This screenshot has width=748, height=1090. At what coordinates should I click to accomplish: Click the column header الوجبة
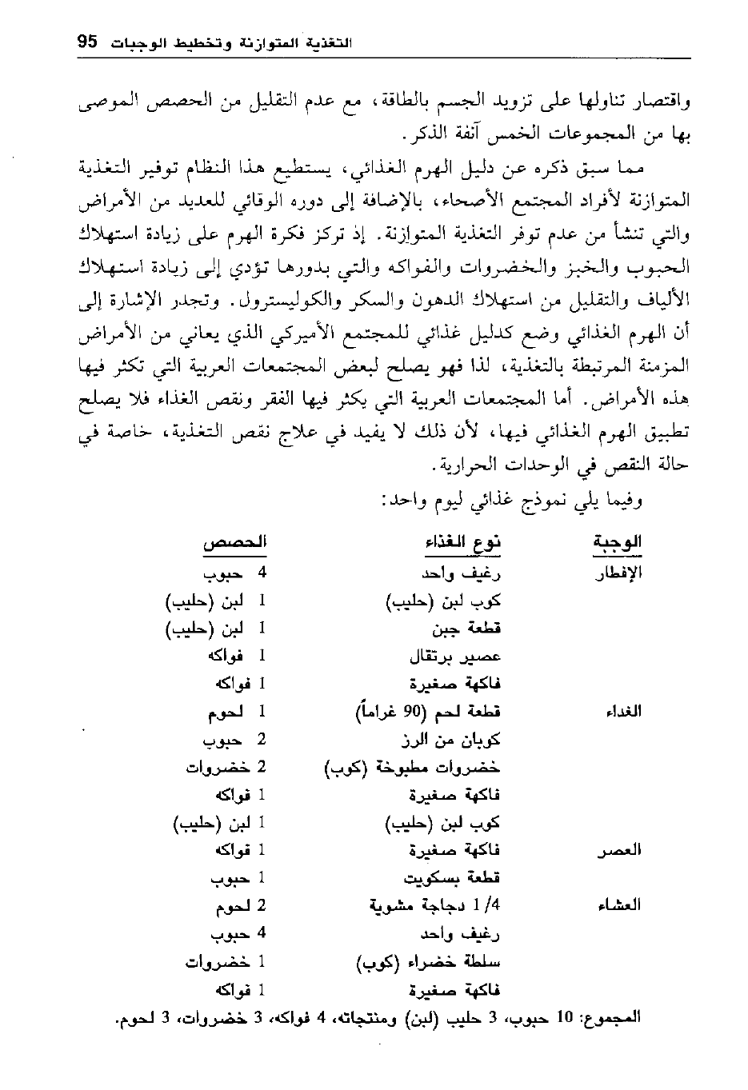click(617, 543)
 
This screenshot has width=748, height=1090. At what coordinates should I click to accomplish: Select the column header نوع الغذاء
click(462, 543)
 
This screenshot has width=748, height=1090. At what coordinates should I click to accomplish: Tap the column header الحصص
click(234, 543)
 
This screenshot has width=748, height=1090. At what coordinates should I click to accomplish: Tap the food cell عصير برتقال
click(455, 657)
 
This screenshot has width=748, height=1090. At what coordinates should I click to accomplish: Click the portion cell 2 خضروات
click(225, 767)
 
